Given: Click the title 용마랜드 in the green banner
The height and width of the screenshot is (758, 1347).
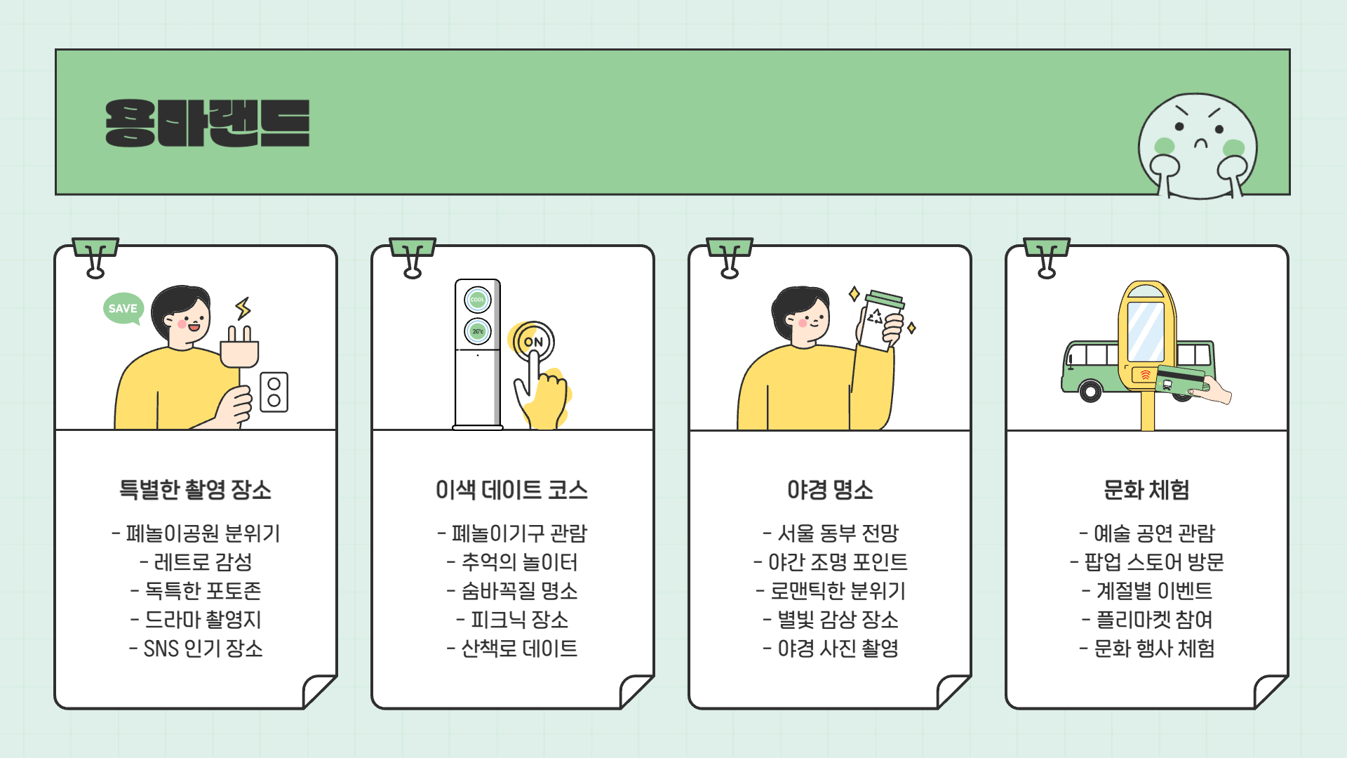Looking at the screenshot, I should [x=207, y=124].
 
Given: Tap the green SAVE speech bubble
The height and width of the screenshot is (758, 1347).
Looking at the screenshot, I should [x=123, y=308].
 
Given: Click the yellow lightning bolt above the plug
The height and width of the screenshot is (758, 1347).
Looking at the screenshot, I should [x=243, y=309].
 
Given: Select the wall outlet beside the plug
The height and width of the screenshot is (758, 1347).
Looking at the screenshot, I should [x=274, y=392].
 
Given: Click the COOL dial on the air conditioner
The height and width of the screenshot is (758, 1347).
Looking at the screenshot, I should [x=478, y=300].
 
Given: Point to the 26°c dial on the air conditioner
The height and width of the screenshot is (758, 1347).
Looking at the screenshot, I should [x=478, y=331].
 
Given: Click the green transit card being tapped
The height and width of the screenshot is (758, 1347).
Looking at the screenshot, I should [x=1180, y=380].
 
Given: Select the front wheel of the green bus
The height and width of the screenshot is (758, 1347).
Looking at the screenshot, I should [x=1090, y=390].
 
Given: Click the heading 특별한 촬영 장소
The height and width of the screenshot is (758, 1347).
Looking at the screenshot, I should [x=195, y=489].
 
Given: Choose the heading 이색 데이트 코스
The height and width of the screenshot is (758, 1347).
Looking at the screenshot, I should [x=511, y=489].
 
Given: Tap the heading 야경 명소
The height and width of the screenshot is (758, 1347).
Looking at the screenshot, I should [x=830, y=489].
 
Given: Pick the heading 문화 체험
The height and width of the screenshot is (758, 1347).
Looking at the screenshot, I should [x=1146, y=489].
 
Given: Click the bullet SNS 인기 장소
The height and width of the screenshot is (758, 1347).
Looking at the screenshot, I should [x=196, y=649].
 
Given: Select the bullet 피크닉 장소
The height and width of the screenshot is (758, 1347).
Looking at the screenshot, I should [x=512, y=620].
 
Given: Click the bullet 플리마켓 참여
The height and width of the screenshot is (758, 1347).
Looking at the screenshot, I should [x=1148, y=620].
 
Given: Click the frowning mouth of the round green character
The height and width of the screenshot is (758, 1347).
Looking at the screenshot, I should [x=1201, y=144].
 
